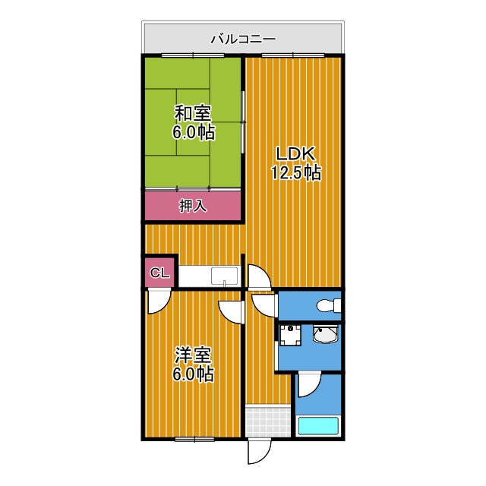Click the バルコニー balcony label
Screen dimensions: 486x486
(x=243, y=37)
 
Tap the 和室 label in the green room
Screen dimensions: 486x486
(x=193, y=114)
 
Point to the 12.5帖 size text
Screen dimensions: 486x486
(x=295, y=173)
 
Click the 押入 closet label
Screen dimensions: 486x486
(x=193, y=205)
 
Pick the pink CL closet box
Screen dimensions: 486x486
(x=159, y=273)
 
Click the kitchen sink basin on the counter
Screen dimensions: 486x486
(x=224, y=276)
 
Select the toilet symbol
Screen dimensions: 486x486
(x=329, y=306)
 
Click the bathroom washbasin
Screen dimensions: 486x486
(x=326, y=336)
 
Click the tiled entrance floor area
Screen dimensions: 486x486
(x=268, y=421)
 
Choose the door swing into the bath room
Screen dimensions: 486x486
(x=308, y=386)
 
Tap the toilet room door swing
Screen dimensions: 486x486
(x=265, y=305)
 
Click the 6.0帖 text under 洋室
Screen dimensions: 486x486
(x=193, y=374)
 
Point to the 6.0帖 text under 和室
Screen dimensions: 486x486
(x=193, y=133)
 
